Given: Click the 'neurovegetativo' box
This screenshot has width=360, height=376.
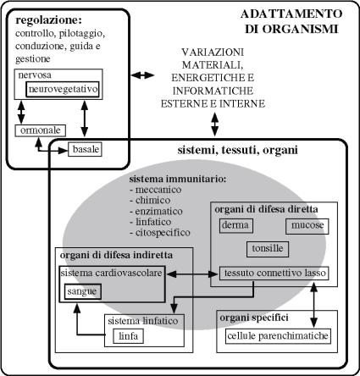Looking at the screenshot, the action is tap(63, 89).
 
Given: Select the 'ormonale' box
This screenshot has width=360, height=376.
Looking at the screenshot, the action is tap(40, 130).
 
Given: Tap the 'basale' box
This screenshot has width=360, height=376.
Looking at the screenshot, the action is tap(85, 149).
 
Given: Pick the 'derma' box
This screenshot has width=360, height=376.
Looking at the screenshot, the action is tap(236, 226).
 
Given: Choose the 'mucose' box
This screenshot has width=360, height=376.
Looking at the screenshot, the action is tap(307, 226).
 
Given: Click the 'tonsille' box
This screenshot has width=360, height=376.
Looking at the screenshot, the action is tap(268, 249).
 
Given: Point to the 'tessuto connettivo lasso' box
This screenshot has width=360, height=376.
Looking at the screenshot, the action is tap(274, 274).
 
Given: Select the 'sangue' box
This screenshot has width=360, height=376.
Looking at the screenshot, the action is tap(83, 291).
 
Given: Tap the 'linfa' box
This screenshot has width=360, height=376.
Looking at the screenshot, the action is tap(129, 336).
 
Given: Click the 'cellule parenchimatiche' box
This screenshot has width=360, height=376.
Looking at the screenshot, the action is tap(278, 336).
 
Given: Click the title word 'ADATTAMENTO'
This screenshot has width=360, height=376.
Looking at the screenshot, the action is tap(291, 14).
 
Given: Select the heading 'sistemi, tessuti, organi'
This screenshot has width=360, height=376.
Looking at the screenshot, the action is tap(238, 150).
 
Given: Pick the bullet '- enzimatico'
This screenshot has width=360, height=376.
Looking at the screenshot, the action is tap(156, 211).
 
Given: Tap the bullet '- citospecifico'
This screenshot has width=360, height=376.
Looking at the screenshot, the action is tap(160, 233).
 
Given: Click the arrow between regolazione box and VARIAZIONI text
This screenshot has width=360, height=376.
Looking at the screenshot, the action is tap(143, 75).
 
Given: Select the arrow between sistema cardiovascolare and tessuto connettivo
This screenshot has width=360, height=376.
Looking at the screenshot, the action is tap(193, 274).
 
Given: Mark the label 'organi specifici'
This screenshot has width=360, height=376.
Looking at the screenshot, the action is tap(254, 318).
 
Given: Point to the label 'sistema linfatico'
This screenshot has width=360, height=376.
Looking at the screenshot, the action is tap(143, 321).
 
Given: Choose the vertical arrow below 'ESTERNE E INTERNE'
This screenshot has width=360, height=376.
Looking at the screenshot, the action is tap(215, 124).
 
